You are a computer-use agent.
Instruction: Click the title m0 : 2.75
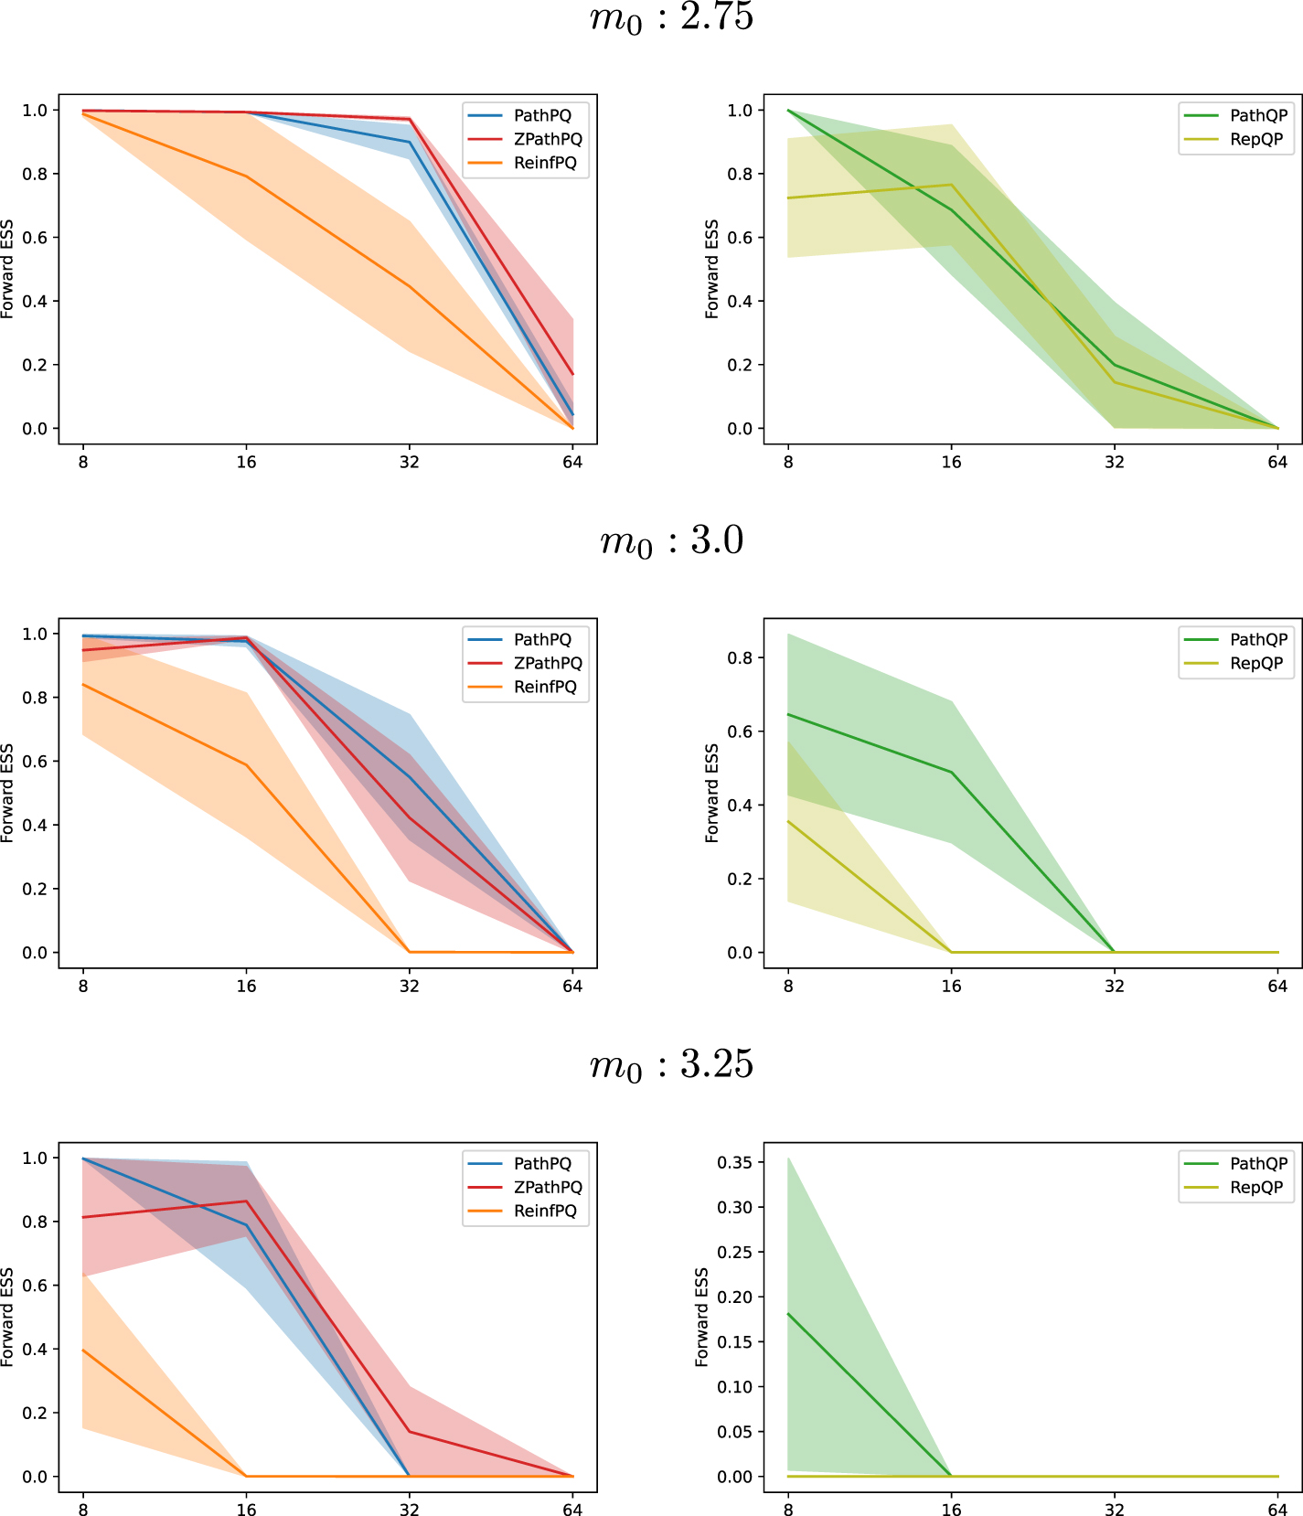pyautogui.click(x=671, y=18)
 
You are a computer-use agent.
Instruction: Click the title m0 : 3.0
pyautogui.click(x=671, y=541)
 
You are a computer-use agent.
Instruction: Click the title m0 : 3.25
pyautogui.click(x=671, y=1065)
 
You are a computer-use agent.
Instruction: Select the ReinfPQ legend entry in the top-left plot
pyautogui.click(x=545, y=163)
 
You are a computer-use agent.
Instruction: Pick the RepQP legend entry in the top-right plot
pyautogui.click(x=1256, y=139)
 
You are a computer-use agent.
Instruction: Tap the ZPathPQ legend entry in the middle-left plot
pyautogui.click(x=547, y=663)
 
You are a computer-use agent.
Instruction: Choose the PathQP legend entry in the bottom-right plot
pyautogui.click(x=1258, y=1163)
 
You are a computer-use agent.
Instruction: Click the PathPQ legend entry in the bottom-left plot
pyautogui.click(x=542, y=1163)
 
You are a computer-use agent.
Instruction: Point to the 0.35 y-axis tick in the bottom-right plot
pyautogui.click(x=735, y=1162)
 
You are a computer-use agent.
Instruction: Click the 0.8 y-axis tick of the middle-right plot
pyautogui.click(x=740, y=658)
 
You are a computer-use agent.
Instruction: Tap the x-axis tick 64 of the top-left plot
pyautogui.click(x=572, y=462)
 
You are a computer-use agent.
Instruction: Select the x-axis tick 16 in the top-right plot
pyautogui.click(x=951, y=462)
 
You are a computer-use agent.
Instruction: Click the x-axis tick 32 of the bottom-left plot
pyautogui.click(x=409, y=1510)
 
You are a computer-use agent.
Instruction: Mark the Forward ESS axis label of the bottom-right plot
pyautogui.click(x=701, y=1317)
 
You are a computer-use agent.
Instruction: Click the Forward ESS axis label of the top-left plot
pyautogui.click(x=7, y=269)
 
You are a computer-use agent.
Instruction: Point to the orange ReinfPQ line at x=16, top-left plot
pyautogui.click(x=246, y=176)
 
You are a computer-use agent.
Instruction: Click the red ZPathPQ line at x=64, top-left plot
pyautogui.click(x=572, y=374)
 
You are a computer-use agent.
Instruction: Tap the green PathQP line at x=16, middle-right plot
pyautogui.click(x=951, y=773)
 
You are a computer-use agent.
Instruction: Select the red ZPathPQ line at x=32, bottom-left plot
pyautogui.click(x=409, y=1432)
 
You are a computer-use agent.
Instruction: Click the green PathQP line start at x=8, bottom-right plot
pyautogui.click(x=788, y=1314)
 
